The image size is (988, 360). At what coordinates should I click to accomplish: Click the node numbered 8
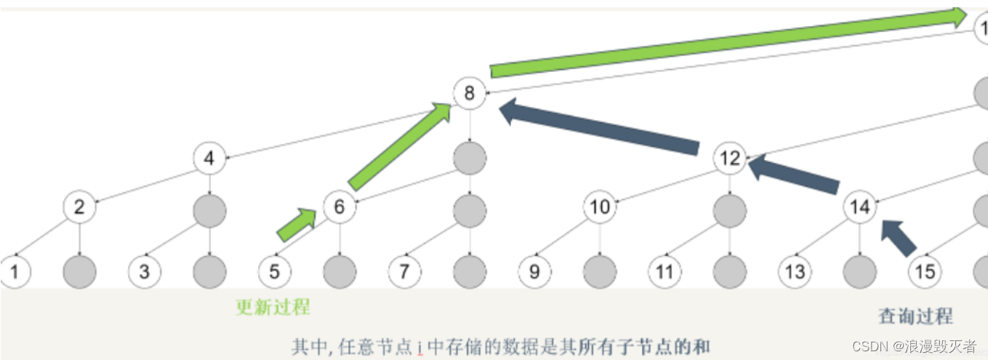click(x=469, y=93)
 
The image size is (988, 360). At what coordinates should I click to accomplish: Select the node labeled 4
click(x=209, y=158)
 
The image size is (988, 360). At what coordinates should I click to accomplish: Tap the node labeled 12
click(x=730, y=158)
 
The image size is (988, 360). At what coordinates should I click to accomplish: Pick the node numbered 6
click(x=339, y=207)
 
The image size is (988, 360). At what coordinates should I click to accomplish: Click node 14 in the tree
click(x=859, y=207)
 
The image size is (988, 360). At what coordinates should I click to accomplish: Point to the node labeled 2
click(x=79, y=207)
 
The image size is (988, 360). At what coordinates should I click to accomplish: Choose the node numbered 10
click(x=600, y=207)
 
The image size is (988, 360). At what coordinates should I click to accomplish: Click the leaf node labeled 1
click(x=15, y=272)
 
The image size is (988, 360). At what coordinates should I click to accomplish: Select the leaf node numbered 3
click(x=145, y=272)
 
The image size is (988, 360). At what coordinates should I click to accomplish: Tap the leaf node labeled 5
click(x=274, y=272)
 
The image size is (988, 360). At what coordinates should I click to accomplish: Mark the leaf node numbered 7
click(x=404, y=272)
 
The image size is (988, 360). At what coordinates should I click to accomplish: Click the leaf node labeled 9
click(x=534, y=272)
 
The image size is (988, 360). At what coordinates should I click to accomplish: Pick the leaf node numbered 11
click(x=664, y=272)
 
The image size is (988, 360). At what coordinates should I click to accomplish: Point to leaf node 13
click(x=795, y=272)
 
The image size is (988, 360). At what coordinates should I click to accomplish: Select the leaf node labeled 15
click(x=924, y=272)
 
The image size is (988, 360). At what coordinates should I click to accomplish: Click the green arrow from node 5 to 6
click(x=297, y=224)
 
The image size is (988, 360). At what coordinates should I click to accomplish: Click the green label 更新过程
click(x=273, y=307)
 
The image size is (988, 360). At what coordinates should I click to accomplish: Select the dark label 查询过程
click(x=915, y=316)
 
